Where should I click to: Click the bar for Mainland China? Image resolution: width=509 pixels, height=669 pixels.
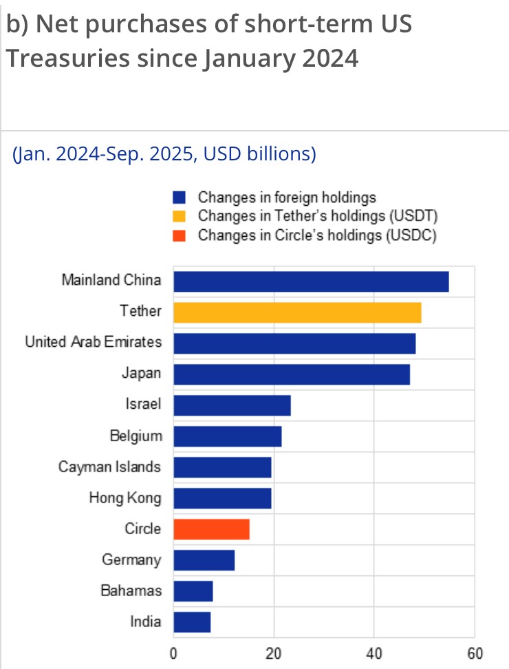click(311, 282)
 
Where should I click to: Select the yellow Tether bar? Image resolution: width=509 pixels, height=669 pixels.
click(297, 312)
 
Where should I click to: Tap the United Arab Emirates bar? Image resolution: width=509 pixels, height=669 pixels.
click(294, 343)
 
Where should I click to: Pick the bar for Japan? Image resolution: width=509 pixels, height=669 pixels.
click(292, 374)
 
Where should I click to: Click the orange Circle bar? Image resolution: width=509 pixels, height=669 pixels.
click(211, 529)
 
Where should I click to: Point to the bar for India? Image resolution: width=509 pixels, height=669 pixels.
click(192, 622)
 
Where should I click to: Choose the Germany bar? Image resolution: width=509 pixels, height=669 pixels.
click(204, 560)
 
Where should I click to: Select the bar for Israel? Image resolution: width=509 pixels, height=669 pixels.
click(232, 405)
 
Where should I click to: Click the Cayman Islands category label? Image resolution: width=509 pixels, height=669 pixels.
click(110, 467)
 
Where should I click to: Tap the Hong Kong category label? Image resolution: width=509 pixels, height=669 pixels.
click(125, 498)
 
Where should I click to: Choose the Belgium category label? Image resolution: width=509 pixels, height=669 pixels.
click(136, 436)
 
